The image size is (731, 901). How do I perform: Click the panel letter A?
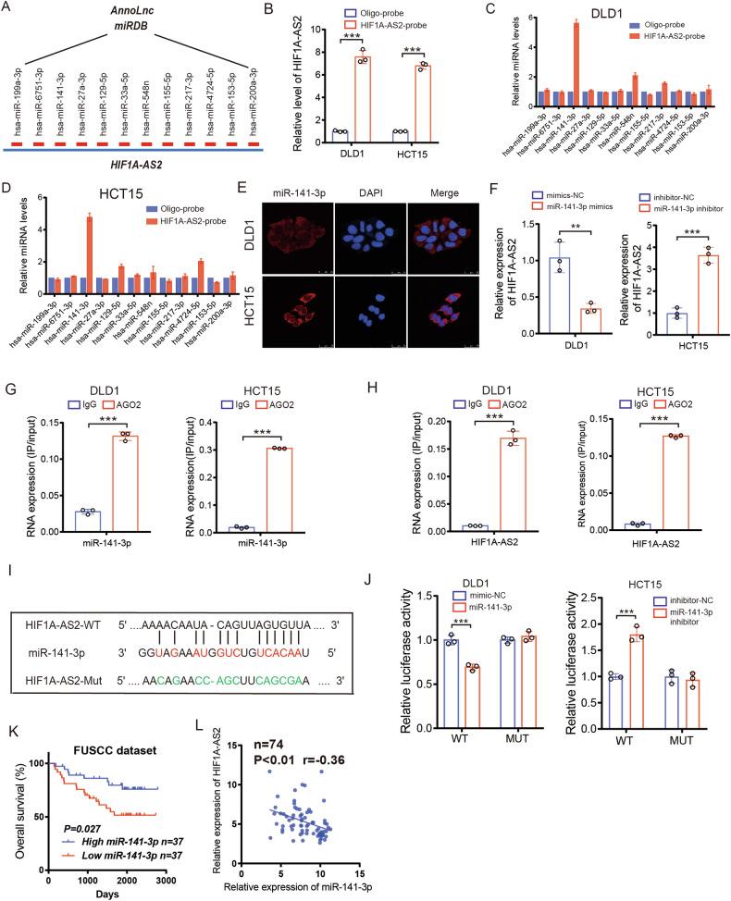pyautogui.click(x=11, y=10)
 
